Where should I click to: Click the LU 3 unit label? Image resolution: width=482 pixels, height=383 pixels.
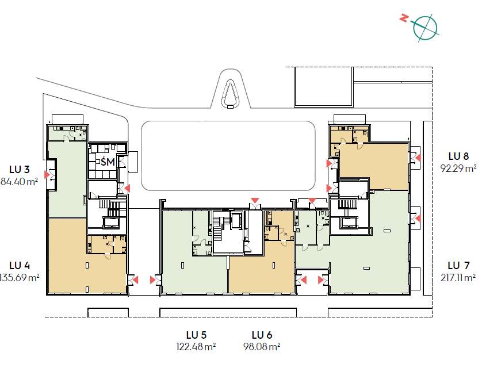[x=20, y=170]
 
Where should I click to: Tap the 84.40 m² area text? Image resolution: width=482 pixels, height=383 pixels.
[x=19, y=182]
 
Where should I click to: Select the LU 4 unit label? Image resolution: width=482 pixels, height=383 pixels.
[x=20, y=266]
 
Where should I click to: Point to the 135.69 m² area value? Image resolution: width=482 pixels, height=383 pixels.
[x=19, y=278]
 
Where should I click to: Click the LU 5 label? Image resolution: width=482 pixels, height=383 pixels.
[x=196, y=335]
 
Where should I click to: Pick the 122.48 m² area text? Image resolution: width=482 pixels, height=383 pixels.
[x=196, y=347]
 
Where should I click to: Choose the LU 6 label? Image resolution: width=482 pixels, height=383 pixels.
[x=262, y=335]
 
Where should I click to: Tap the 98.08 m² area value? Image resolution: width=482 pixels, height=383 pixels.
[x=262, y=347]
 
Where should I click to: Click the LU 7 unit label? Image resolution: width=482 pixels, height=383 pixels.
[x=458, y=265]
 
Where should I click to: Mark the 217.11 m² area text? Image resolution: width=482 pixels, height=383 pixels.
[x=458, y=278]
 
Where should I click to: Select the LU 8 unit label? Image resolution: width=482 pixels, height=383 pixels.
[x=458, y=156]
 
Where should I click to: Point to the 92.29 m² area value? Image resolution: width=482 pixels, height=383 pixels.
[x=458, y=168]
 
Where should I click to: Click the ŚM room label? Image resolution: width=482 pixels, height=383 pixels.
[x=108, y=161]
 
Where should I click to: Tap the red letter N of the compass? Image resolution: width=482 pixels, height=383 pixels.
[x=404, y=18]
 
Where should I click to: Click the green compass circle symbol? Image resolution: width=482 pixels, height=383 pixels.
[x=425, y=28]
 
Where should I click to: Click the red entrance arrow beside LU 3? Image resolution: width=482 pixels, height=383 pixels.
[x=47, y=175]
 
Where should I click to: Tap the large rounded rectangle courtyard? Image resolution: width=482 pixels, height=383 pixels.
[x=228, y=155]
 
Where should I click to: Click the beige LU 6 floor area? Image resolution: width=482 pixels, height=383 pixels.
[x=261, y=266]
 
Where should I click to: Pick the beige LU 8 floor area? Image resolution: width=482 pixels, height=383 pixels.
[x=373, y=166]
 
